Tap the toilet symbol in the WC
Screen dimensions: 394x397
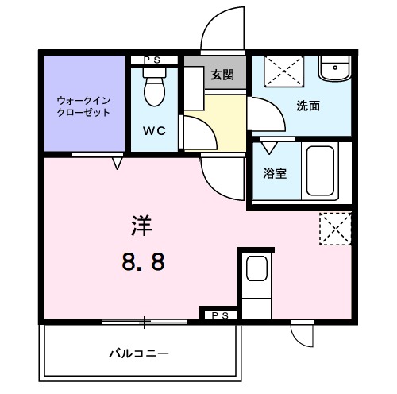tap(154, 87)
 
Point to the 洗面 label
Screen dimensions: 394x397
tap(308, 106)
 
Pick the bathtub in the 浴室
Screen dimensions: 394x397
tap(322, 171)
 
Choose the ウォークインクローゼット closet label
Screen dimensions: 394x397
tap(83, 106)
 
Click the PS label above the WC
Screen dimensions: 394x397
tap(155, 60)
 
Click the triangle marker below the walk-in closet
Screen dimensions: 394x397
tap(118, 164)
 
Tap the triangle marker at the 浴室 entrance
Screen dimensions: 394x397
tap(270, 149)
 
